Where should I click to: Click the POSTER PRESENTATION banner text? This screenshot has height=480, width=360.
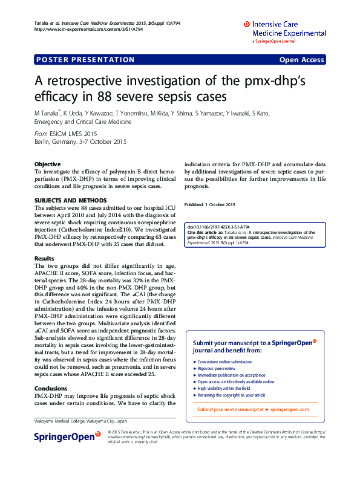click(x=85, y=60)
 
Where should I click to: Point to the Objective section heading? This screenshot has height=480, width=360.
click(x=47, y=164)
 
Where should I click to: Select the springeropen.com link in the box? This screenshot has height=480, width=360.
click(x=289, y=409)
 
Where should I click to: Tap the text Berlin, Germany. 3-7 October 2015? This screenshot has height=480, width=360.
click(x=80, y=141)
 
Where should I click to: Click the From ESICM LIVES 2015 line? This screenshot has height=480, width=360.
click(x=65, y=134)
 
